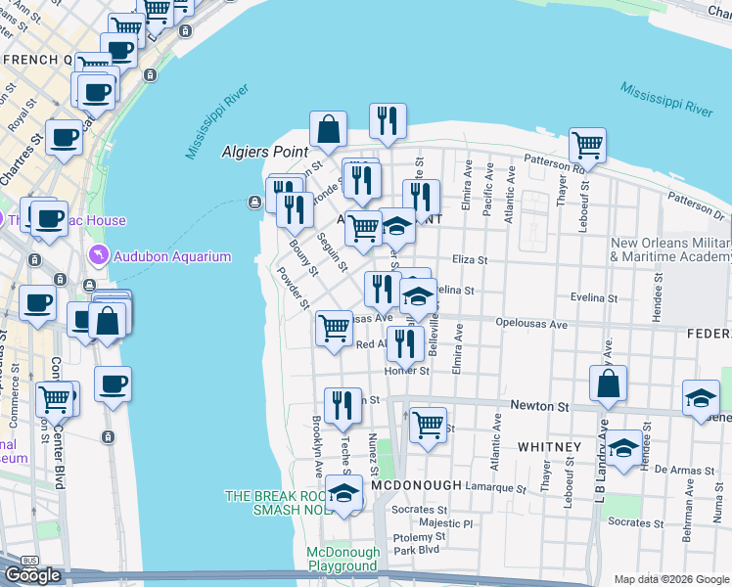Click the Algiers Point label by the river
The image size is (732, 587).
pos(265,152)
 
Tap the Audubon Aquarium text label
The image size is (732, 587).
pos(172,256)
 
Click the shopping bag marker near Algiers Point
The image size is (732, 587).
pos(329,129)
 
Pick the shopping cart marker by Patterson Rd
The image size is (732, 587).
pos(587,146)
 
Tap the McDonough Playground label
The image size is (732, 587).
pos(343,559)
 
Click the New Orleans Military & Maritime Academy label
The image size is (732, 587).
pos(670,249)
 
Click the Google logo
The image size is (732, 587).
pos(33,574)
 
